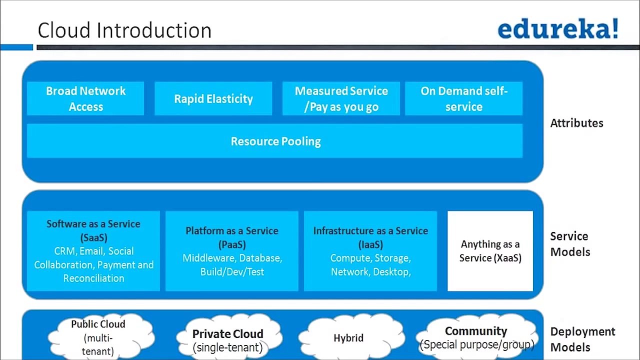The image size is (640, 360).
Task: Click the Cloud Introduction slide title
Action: tap(124, 30)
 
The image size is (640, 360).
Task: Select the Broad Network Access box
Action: tap(85, 98)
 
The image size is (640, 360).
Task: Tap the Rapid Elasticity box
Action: tap(213, 98)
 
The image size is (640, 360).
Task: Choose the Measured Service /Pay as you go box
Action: tap(341, 98)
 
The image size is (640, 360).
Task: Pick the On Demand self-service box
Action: tap(463, 98)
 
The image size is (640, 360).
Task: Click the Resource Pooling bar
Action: tap(275, 141)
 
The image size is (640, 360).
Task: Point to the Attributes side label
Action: tap(576, 123)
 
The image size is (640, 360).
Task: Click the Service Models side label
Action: tap(570, 243)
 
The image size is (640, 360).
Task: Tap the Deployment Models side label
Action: tap(582, 339)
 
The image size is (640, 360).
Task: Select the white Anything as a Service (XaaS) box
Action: tap(490, 251)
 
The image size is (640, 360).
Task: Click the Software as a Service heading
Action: tap(93, 224)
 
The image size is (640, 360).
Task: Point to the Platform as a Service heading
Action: tap(232, 231)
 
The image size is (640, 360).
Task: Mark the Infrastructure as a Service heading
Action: tap(370, 231)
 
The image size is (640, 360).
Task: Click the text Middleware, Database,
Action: tap(232, 258)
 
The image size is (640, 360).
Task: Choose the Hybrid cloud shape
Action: tap(348, 338)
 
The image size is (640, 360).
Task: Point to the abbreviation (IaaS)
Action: tap(370, 245)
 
